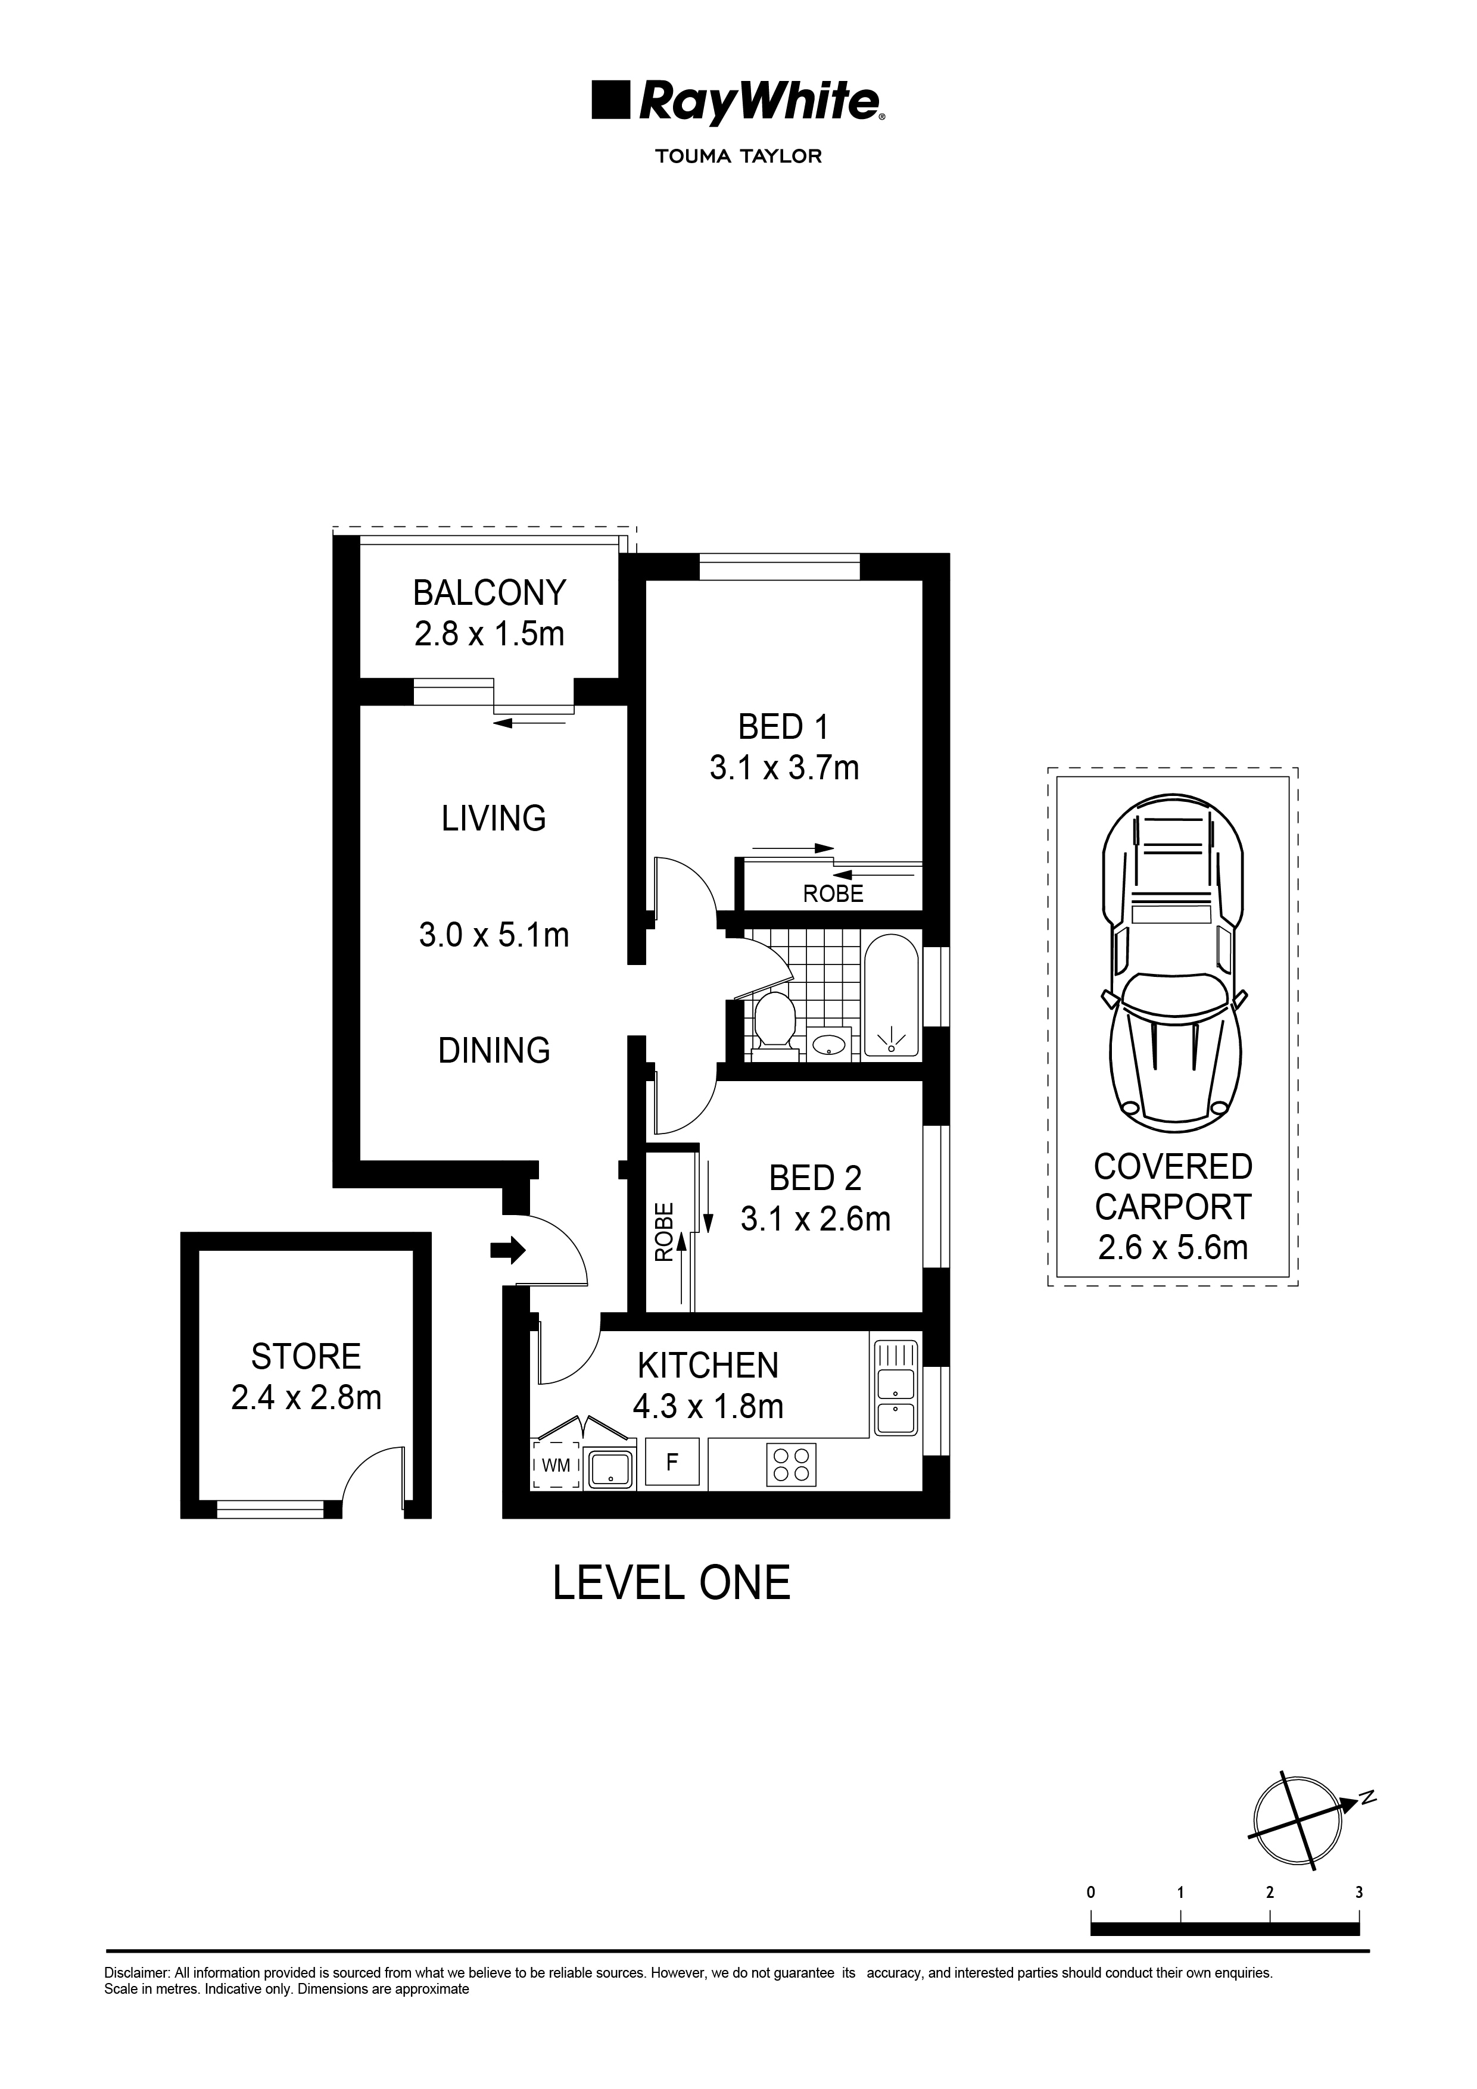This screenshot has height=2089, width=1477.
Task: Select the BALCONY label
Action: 489,593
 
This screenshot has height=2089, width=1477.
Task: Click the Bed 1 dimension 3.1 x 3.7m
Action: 784,768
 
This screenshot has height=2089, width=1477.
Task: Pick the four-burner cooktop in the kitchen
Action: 791,1464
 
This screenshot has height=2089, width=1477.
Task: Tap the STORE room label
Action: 306,1357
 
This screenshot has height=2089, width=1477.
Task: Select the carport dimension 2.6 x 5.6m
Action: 1172,1247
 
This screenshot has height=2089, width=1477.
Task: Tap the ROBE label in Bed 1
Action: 833,894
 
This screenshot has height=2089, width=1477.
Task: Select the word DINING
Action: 494,1051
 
